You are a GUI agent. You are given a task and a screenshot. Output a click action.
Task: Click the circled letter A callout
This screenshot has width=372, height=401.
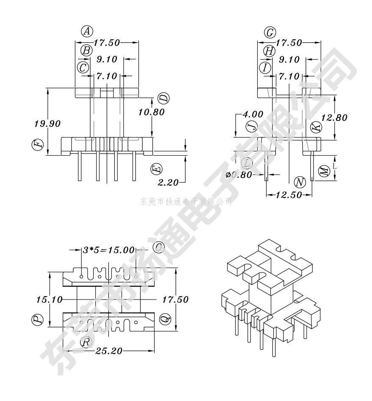click(x=87, y=31)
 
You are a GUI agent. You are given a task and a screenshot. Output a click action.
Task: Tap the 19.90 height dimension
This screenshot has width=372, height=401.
click(x=47, y=124)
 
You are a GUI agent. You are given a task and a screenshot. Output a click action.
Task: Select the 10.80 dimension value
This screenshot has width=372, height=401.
click(x=151, y=112)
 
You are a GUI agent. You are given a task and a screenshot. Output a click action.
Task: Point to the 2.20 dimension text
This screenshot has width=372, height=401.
click(x=168, y=183)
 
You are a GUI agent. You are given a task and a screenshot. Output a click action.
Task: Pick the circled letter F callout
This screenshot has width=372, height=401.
click(x=38, y=145)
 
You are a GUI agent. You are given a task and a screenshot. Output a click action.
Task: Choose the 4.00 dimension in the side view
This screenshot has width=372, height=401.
click(x=253, y=114)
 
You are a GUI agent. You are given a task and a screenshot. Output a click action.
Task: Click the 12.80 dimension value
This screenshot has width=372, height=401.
click(x=334, y=118)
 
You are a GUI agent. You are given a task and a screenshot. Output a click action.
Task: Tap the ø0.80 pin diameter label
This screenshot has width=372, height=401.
click(x=239, y=175)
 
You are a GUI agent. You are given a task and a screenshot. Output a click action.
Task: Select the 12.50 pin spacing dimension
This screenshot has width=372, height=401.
click(x=289, y=195)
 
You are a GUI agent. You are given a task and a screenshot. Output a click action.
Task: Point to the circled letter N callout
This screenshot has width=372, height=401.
click(x=300, y=182)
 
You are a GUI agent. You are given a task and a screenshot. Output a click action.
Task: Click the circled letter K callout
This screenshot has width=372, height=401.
click(x=316, y=127)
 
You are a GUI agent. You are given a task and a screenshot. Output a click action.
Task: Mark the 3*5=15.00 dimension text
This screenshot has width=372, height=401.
click(x=108, y=250)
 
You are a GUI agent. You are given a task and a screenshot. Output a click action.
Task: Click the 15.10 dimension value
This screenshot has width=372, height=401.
click(x=49, y=299)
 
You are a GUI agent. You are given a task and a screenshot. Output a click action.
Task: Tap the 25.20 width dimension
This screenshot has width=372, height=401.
click(x=109, y=351)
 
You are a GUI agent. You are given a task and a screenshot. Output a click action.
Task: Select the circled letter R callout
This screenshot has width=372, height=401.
click(x=86, y=342)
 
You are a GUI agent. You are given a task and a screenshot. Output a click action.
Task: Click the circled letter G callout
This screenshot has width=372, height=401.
click(x=270, y=33)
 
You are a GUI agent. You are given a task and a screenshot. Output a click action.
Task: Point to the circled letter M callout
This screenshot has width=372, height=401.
click(x=324, y=171)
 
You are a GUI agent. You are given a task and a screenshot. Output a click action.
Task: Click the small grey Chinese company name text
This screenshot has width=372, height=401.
click(x=186, y=202)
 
